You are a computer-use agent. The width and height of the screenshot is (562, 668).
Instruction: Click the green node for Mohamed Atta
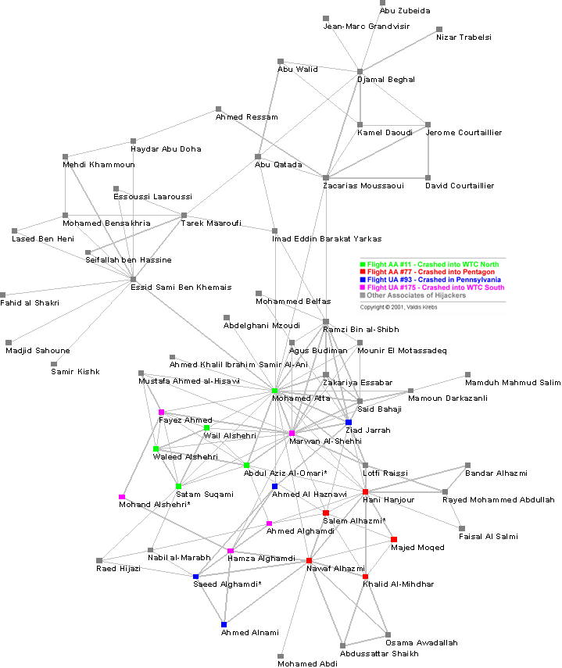(274, 391)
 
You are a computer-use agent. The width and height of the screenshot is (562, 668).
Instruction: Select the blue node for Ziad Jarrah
(349, 423)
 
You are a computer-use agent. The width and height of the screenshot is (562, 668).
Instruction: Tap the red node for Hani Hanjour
(365, 491)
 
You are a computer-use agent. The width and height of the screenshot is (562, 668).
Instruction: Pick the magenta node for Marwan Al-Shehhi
(292, 433)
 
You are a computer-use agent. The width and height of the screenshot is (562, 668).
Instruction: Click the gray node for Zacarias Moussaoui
(326, 178)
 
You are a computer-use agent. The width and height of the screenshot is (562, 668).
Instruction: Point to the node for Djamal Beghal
(360, 72)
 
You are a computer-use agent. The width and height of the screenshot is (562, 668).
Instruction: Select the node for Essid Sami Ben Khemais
(134, 279)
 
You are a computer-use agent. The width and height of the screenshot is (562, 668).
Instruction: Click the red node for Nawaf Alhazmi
(309, 560)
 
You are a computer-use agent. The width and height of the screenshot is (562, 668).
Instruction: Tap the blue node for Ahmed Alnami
(224, 624)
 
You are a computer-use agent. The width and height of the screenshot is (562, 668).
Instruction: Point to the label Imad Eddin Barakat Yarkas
(327, 238)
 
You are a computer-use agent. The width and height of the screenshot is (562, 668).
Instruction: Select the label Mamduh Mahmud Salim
(513, 382)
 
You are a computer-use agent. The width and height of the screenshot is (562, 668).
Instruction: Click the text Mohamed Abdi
(307, 663)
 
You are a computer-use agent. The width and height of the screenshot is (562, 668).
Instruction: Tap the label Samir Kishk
(76, 371)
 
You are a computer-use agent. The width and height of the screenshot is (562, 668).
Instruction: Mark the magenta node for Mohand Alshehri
(122, 497)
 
